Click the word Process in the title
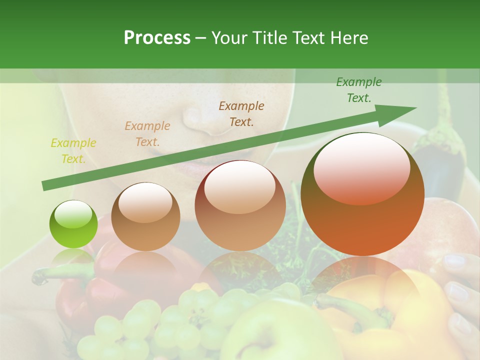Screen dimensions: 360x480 coord(157,37)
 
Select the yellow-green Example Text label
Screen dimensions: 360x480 coord(73,151)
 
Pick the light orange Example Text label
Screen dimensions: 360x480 coord(147,133)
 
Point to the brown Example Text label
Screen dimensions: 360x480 coord(241,113)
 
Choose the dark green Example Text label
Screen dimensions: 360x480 coord(358,90)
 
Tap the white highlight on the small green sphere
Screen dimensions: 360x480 coord(73,215)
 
